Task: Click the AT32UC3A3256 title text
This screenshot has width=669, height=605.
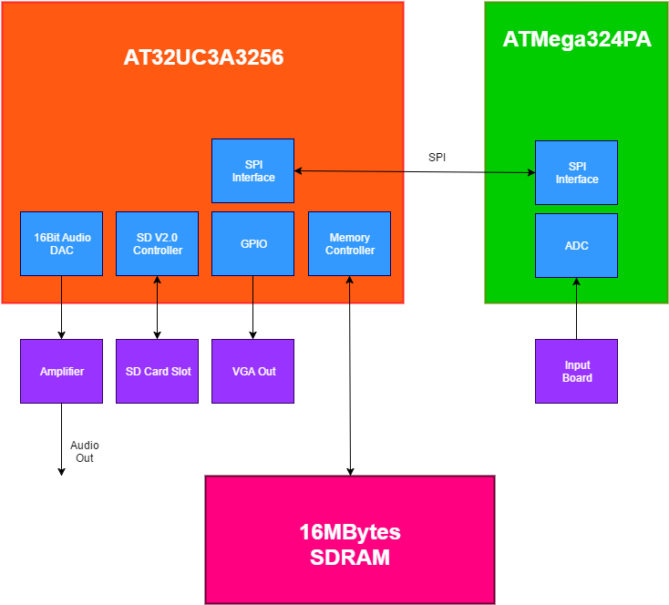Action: [203, 57]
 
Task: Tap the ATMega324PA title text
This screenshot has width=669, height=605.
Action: [577, 40]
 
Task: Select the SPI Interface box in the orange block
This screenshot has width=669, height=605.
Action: [252, 170]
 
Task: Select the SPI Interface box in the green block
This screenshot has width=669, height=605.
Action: [576, 172]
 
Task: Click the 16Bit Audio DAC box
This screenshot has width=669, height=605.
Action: [61, 243]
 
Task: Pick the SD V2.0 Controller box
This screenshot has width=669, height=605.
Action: [157, 243]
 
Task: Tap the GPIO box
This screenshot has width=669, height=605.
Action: [252, 243]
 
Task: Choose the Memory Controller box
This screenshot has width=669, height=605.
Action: [349, 243]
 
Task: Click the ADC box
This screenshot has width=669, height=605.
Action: [576, 245]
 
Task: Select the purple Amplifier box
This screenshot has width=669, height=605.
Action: [61, 371]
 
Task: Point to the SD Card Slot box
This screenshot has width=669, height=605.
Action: [157, 371]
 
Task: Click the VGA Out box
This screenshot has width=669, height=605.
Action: [252, 371]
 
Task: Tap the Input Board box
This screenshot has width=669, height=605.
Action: [576, 371]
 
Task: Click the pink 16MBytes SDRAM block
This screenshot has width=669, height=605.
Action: [349, 538]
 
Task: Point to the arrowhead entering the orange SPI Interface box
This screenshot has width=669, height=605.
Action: [298, 170]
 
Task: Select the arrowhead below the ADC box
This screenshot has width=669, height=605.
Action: [576, 282]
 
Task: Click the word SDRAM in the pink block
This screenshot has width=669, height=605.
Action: [349, 558]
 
